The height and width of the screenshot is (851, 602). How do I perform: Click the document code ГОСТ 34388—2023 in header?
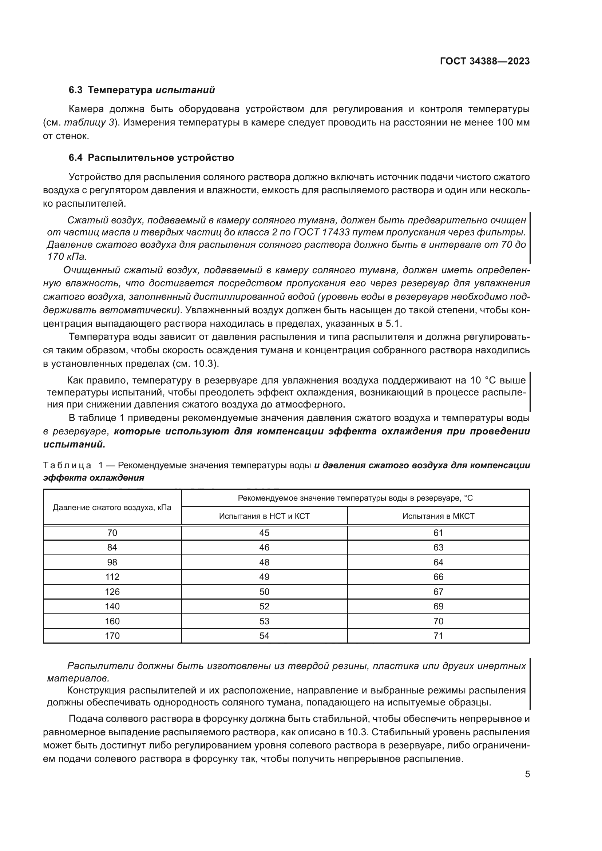(x=484, y=61)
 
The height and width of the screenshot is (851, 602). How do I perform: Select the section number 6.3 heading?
(x=75, y=90)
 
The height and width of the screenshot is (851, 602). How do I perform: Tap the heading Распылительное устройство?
(x=161, y=158)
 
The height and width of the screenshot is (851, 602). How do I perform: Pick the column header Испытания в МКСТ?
(x=438, y=516)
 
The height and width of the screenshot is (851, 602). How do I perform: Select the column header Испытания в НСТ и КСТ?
(x=264, y=516)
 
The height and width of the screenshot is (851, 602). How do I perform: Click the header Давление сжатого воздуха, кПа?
(x=112, y=507)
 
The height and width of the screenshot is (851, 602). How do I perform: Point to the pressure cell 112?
(x=112, y=577)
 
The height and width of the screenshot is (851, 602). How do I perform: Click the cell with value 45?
(x=264, y=533)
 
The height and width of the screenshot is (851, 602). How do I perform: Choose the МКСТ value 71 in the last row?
(x=438, y=636)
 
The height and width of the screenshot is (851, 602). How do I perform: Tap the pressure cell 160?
(x=112, y=621)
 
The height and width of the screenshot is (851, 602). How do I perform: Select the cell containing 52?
(x=264, y=606)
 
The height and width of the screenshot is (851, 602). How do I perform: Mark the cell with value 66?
(x=438, y=577)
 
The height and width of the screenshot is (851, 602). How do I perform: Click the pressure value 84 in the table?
(x=112, y=548)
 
